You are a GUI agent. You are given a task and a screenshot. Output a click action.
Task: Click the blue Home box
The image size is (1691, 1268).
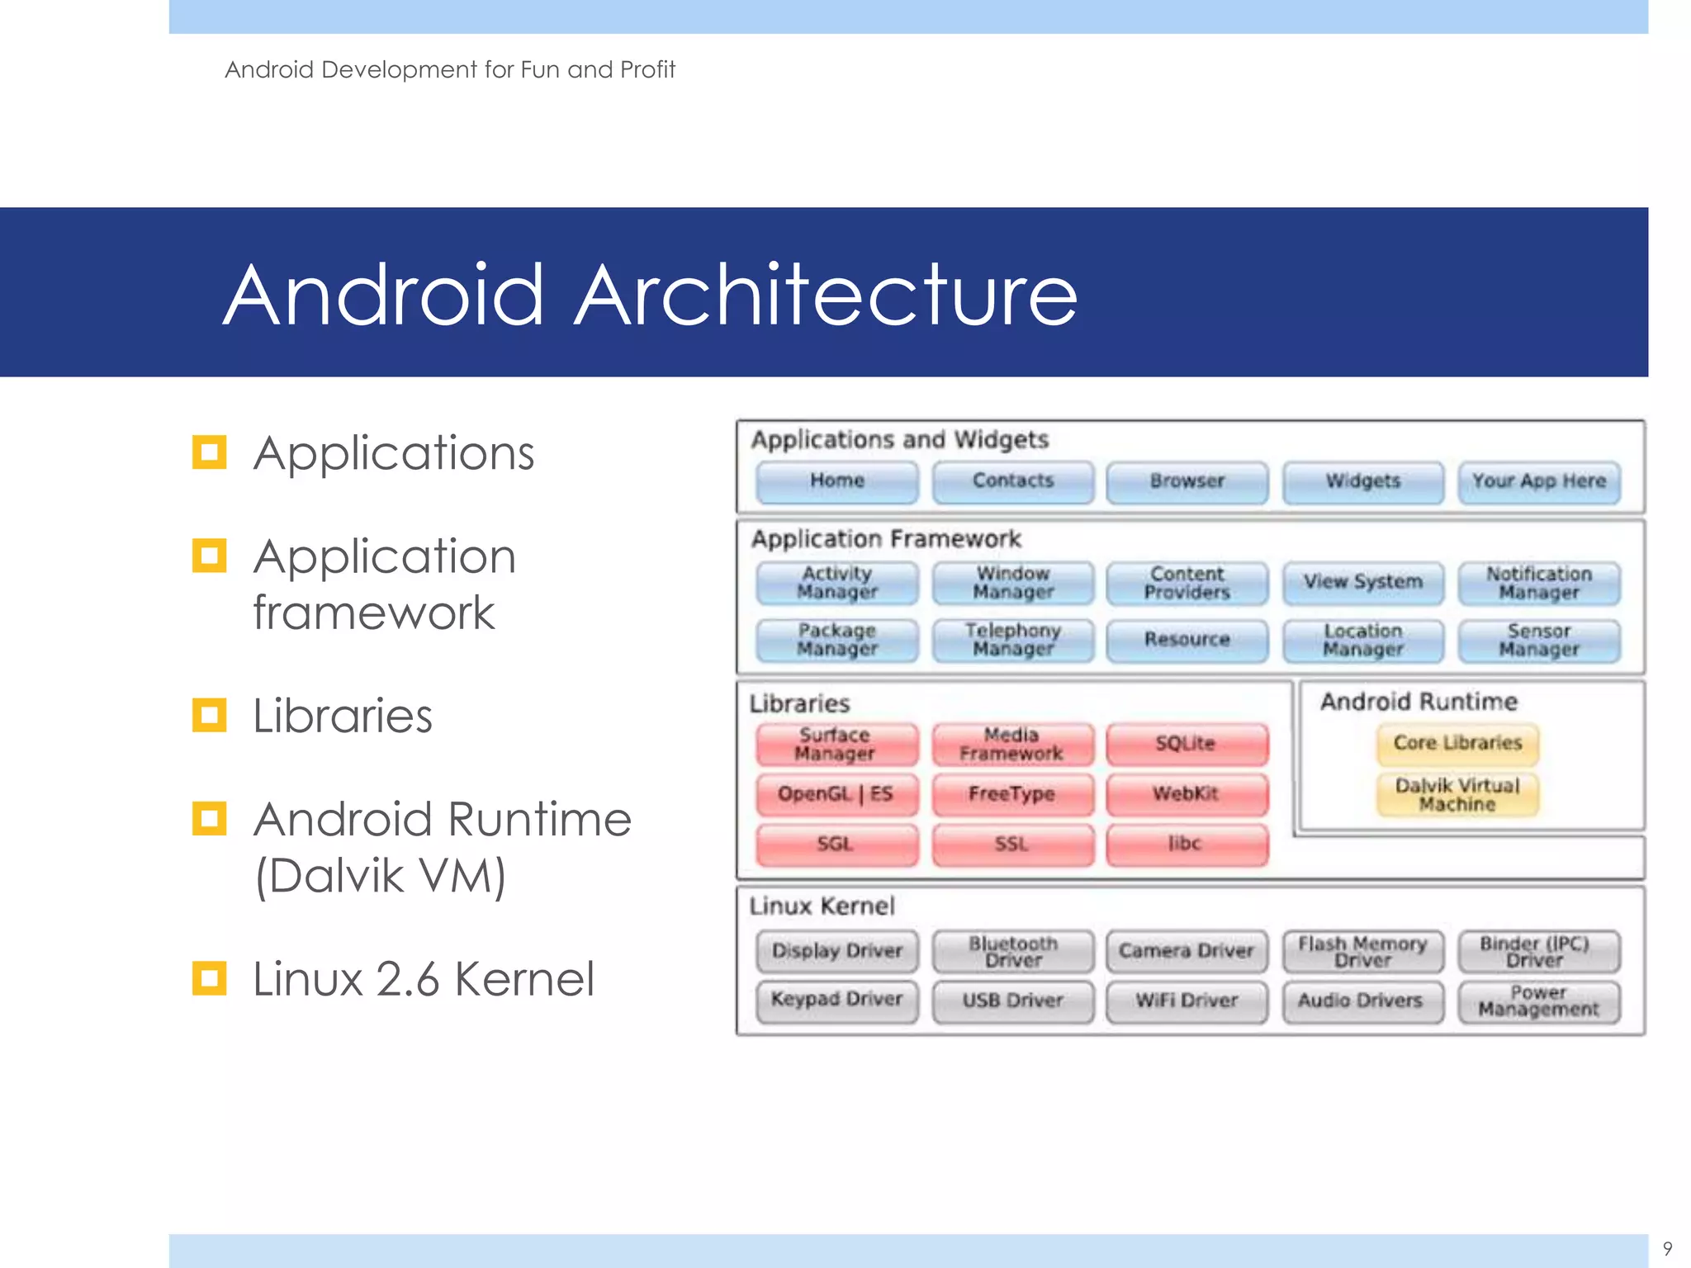pos(836,481)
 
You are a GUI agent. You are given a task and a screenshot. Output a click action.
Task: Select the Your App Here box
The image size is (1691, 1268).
pos(1538,481)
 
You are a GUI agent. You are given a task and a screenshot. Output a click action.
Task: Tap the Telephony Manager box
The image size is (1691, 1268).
pos(1012,640)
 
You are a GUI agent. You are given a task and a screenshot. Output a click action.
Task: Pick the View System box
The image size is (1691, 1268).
pos(1362,582)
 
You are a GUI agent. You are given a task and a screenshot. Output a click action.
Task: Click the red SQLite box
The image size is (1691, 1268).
pos(1187,744)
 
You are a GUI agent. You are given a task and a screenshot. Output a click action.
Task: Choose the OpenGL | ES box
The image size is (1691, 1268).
pos(836,794)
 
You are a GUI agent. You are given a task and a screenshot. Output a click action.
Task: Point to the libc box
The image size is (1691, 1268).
pos(1186,844)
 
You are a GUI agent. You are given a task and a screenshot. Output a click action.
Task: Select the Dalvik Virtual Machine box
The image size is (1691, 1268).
pos(1457,794)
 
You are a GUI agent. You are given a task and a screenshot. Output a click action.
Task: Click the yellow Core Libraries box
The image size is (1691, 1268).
pos(1457,743)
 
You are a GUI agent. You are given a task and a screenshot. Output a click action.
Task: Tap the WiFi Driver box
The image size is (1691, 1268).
pos(1187,1001)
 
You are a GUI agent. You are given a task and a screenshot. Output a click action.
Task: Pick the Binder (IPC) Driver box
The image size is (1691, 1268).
pos(1538,951)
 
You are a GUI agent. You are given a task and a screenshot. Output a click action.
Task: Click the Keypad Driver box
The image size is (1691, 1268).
pos(836,1001)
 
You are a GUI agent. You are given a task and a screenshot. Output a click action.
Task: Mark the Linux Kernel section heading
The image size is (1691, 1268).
pos(822,906)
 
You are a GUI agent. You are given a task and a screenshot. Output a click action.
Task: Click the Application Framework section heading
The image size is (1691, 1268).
pos(886,539)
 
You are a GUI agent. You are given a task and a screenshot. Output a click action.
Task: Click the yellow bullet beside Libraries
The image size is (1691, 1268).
pos(209,715)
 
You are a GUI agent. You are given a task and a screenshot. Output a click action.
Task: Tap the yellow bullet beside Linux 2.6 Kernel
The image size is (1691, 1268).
pos(209,978)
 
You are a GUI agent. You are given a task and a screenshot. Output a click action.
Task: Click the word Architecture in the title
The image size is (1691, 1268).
pos(826,295)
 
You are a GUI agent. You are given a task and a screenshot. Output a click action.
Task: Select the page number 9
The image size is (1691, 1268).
pos(1667,1248)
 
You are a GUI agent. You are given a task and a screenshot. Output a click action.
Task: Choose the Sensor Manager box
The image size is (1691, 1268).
pos(1538,640)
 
